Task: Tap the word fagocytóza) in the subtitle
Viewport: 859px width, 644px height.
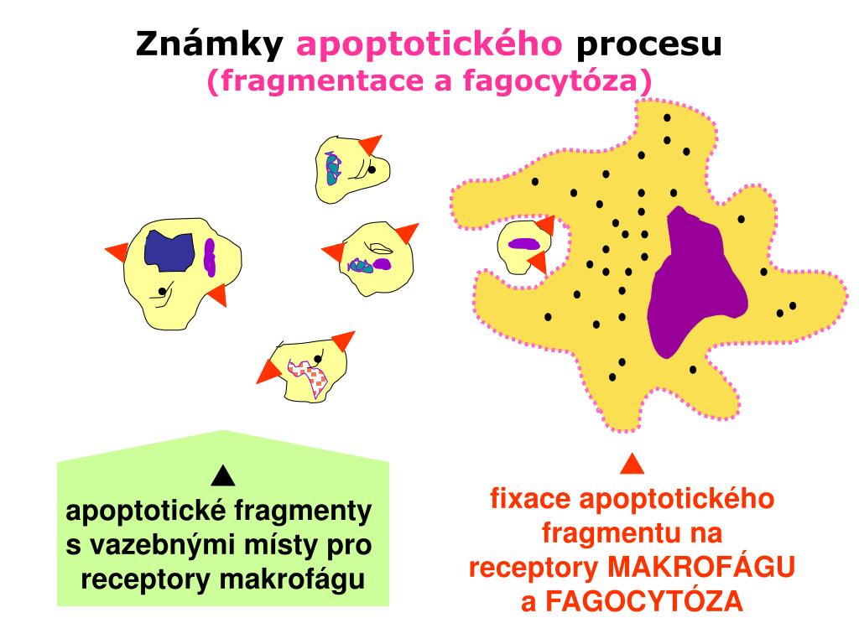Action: pyautogui.click(x=579, y=80)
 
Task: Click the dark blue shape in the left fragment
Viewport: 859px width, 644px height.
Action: pyautogui.click(x=170, y=249)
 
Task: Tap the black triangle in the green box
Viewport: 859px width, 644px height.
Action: pyautogui.click(x=223, y=477)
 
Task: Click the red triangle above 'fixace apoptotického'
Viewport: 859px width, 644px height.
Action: pyautogui.click(x=633, y=464)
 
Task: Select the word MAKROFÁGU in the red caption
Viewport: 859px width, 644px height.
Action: pyautogui.click(x=701, y=568)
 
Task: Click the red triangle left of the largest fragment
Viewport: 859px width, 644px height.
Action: pyautogui.click(x=117, y=251)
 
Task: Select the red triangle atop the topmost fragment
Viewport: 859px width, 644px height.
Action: pyautogui.click(x=370, y=145)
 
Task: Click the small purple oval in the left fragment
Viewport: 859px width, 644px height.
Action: pyautogui.click(x=210, y=257)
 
